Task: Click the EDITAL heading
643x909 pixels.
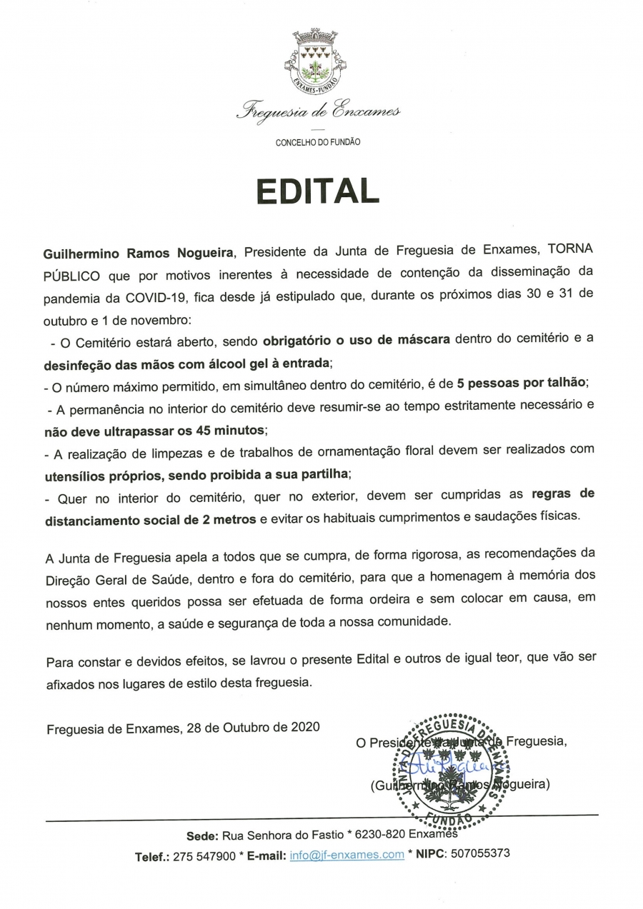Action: [317, 191]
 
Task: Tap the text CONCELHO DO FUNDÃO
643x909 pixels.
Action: [318, 143]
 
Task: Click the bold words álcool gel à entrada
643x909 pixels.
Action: [271, 363]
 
